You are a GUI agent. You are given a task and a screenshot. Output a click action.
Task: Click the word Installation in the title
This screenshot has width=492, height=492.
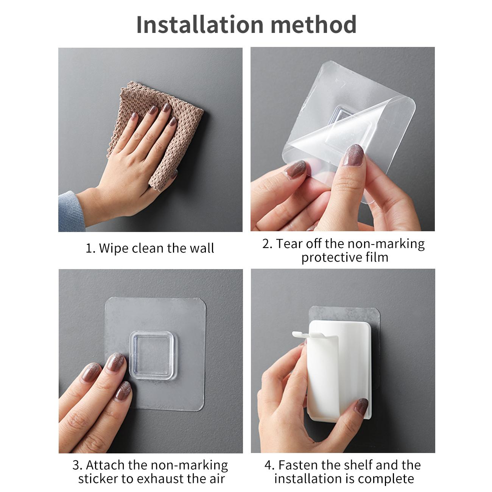[x=200, y=25]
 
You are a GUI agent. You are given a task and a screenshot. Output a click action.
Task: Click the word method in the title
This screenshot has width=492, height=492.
[x=313, y=25]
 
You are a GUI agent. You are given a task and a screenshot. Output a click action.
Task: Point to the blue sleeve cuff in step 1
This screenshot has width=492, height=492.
[x=71, y=212]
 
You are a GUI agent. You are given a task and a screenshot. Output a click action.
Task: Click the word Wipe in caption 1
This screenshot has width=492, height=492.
[x=114, y=248]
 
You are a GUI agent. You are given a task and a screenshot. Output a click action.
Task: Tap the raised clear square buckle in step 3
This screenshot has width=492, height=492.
[x=151, y=355]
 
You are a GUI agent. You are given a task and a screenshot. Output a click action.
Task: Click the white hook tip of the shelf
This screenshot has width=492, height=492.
[x=296, y=334]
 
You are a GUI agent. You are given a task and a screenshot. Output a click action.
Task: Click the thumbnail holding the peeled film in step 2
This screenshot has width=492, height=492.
[x=353, y=155]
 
